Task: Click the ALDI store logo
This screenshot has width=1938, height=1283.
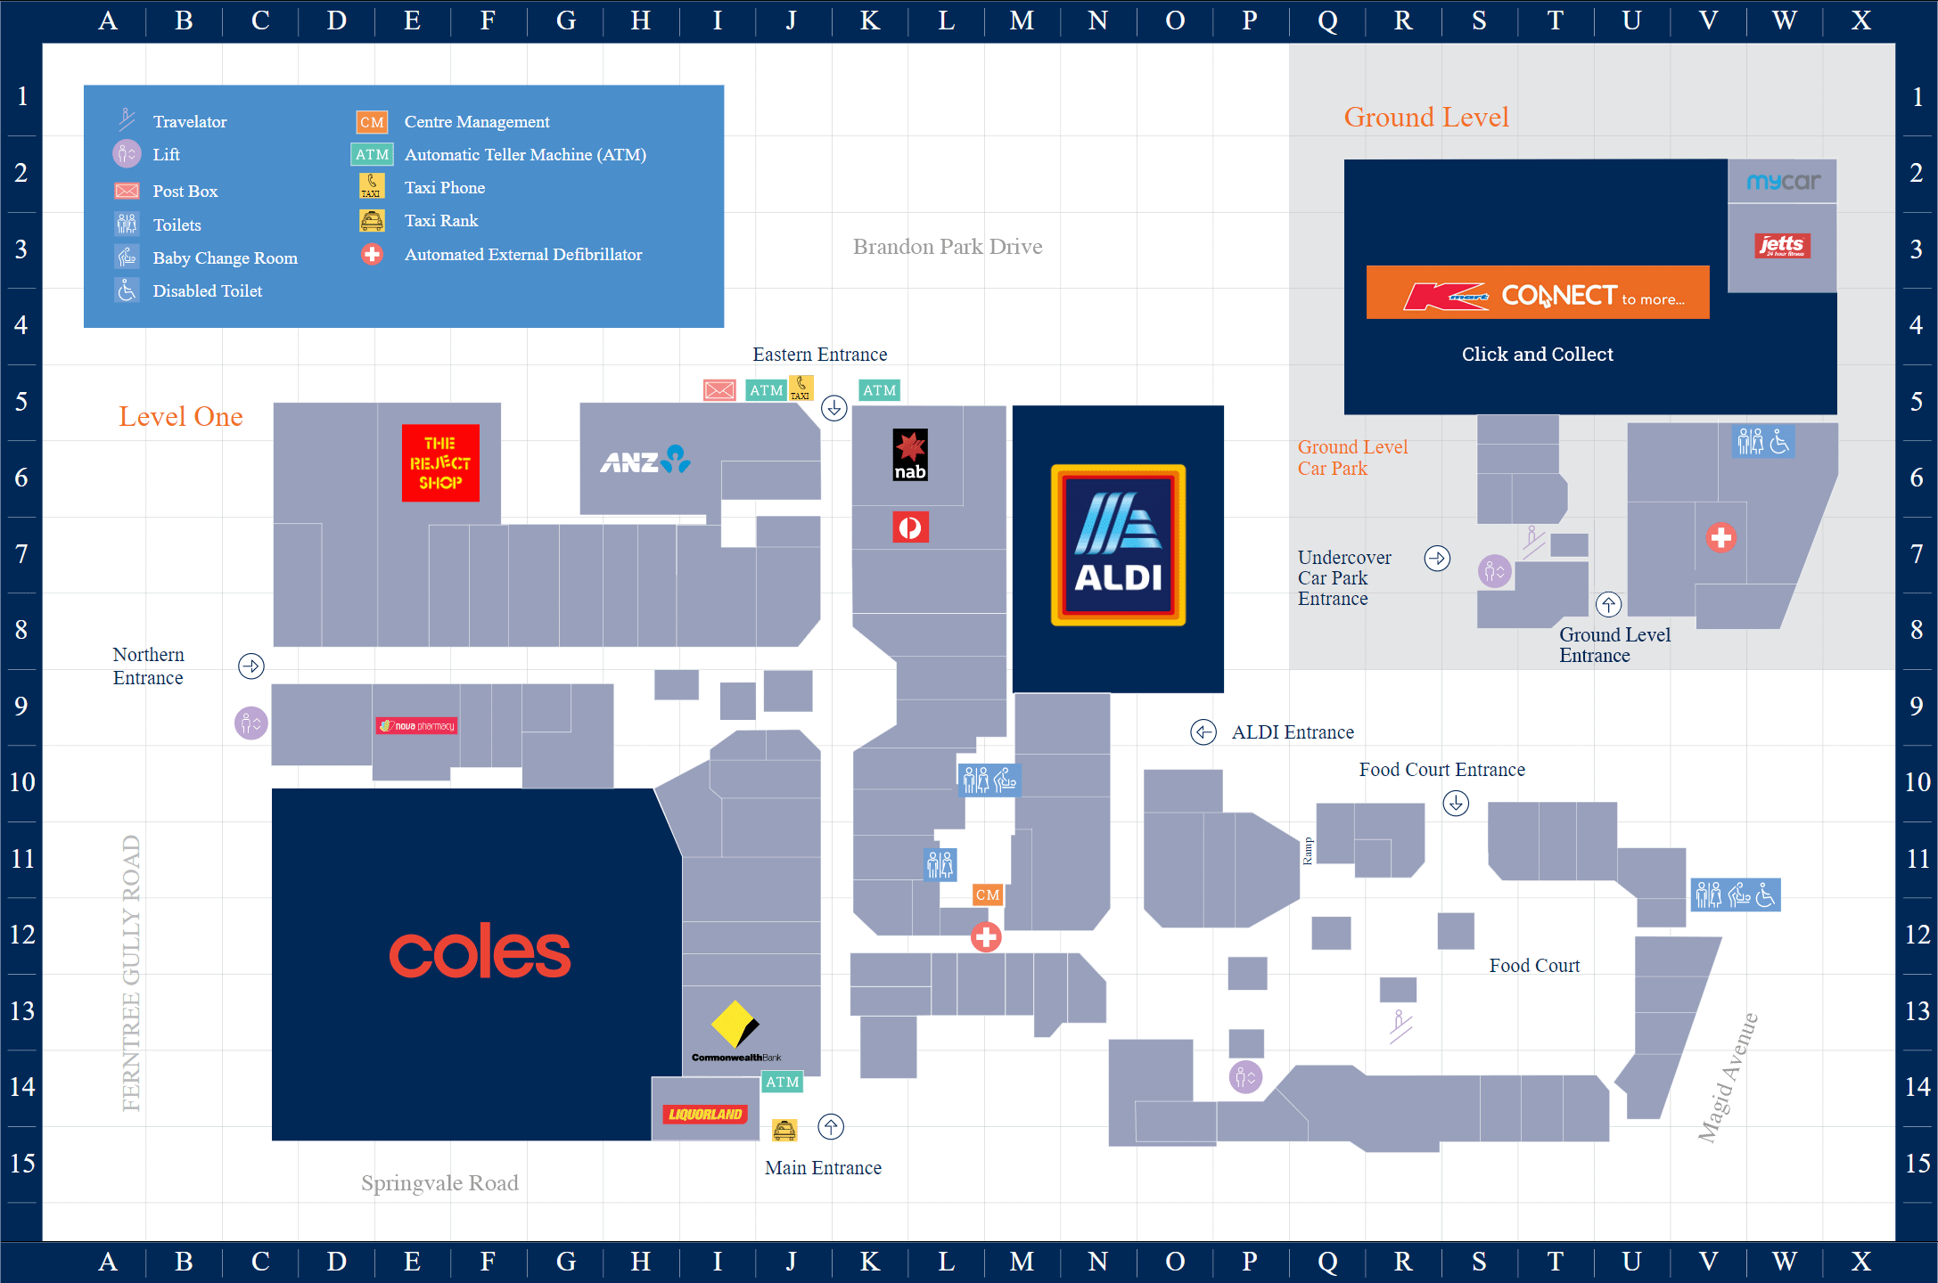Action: pos(1118,544)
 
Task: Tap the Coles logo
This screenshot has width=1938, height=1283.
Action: pos(480,952)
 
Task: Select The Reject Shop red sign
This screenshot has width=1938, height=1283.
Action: pos(440,462)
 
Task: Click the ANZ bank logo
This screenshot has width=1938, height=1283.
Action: pos(645,460)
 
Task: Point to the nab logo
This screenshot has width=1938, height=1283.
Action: pos(910,455)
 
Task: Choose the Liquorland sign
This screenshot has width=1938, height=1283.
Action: pos(705,1114)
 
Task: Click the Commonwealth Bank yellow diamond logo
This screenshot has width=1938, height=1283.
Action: pos(735,1025)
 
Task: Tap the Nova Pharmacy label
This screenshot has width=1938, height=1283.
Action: pos(417,725)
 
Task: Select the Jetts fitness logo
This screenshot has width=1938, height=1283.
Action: pos(1781,245)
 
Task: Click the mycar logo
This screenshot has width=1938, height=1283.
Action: pos(1783,182)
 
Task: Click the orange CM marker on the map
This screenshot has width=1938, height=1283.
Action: pos(988,895)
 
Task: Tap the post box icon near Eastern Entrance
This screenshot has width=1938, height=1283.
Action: pos(719,390)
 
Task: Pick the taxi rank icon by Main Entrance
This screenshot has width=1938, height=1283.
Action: pos(784,1130)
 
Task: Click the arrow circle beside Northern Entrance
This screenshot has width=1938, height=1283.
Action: pos(251,666)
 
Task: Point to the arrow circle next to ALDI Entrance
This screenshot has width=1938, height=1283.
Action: pos(1203,732)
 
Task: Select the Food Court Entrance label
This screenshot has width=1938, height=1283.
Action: pos(1441,770)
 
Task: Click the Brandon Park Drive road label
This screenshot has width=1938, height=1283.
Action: pos(948,247)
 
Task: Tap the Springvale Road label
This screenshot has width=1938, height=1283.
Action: pos(439,1183)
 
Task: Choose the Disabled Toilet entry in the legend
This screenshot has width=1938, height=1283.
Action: pos(207,291)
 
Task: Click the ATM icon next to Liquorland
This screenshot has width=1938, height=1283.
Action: pos(783,1082)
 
